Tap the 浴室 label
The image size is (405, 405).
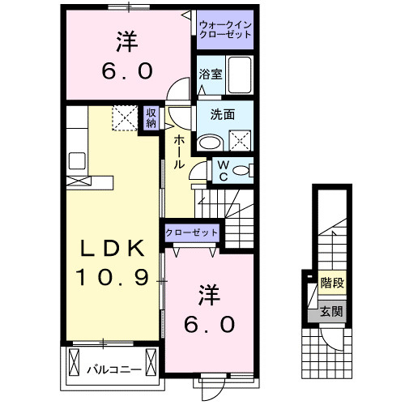tap(210, 75)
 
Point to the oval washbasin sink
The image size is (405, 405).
tap(210, 142)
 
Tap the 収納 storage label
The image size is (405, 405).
tap(151, 118)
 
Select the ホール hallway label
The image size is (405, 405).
tap(178, 151)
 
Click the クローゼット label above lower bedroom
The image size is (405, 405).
tap(192, 232)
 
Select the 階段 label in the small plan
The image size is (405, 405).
tap(330, 284)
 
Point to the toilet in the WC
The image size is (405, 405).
tap(245, 171)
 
